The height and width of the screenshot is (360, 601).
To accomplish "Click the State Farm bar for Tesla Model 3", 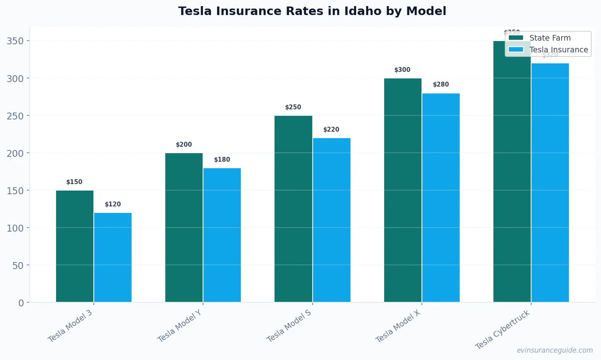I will [x=75, y=246].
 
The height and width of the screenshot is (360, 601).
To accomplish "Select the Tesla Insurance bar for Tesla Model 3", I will [x=113, y=257].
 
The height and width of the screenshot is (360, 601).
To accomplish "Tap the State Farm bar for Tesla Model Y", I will [x=184, y=228].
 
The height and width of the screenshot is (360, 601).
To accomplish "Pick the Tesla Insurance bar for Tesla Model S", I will [x=331, y=220].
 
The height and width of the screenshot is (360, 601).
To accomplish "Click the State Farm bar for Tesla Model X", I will [x=402, y=190].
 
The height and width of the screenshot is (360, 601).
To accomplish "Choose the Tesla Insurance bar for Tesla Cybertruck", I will [x=550, y=183].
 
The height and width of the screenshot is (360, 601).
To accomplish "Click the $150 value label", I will [x=74, y=182].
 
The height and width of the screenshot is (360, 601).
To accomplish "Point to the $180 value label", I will [x=222, y=160].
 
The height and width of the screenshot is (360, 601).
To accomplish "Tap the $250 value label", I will [x=293, y=107].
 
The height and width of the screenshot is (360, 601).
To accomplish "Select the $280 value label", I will [x=441, y=85].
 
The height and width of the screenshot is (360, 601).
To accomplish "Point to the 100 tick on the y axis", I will [x=15, y=228].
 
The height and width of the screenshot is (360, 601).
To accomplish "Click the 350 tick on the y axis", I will [x=15, y=41].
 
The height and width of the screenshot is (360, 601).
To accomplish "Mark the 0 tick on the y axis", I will [x=21, y=303].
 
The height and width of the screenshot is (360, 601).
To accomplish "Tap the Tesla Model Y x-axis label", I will [x=179, y=326].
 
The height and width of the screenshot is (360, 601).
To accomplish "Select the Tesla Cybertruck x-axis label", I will [x=502, y=330].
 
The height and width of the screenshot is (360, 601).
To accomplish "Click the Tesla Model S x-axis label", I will [x=289, y=326].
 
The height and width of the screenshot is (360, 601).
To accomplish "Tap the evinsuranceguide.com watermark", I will [x=555, y=350].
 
